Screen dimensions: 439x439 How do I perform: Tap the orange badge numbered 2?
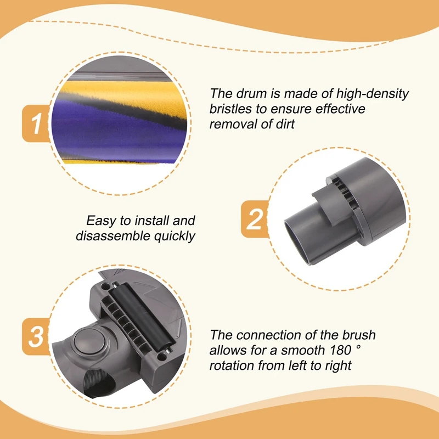point(254,220)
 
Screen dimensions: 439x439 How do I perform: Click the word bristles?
point(232,109)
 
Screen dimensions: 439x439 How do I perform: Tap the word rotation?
point(235,365)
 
